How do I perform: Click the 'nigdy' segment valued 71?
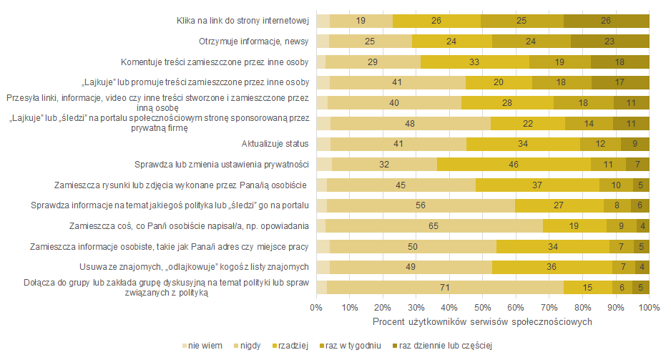point(445,288)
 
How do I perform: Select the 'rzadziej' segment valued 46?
point(514,165)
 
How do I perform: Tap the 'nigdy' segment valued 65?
point(434,226)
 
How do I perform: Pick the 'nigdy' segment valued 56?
point(421,206)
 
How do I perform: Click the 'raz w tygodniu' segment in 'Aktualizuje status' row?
point(600,144)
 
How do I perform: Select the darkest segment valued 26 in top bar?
point(606,21)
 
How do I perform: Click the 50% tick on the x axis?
point(483,308)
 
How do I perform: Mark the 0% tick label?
point(316,308)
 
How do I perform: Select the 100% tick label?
point(649,308)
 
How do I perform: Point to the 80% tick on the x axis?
point(583,308)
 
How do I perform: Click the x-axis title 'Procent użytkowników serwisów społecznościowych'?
point(483,321)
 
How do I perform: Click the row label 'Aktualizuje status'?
point(275,144)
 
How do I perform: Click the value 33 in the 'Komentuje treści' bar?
point(474,62)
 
